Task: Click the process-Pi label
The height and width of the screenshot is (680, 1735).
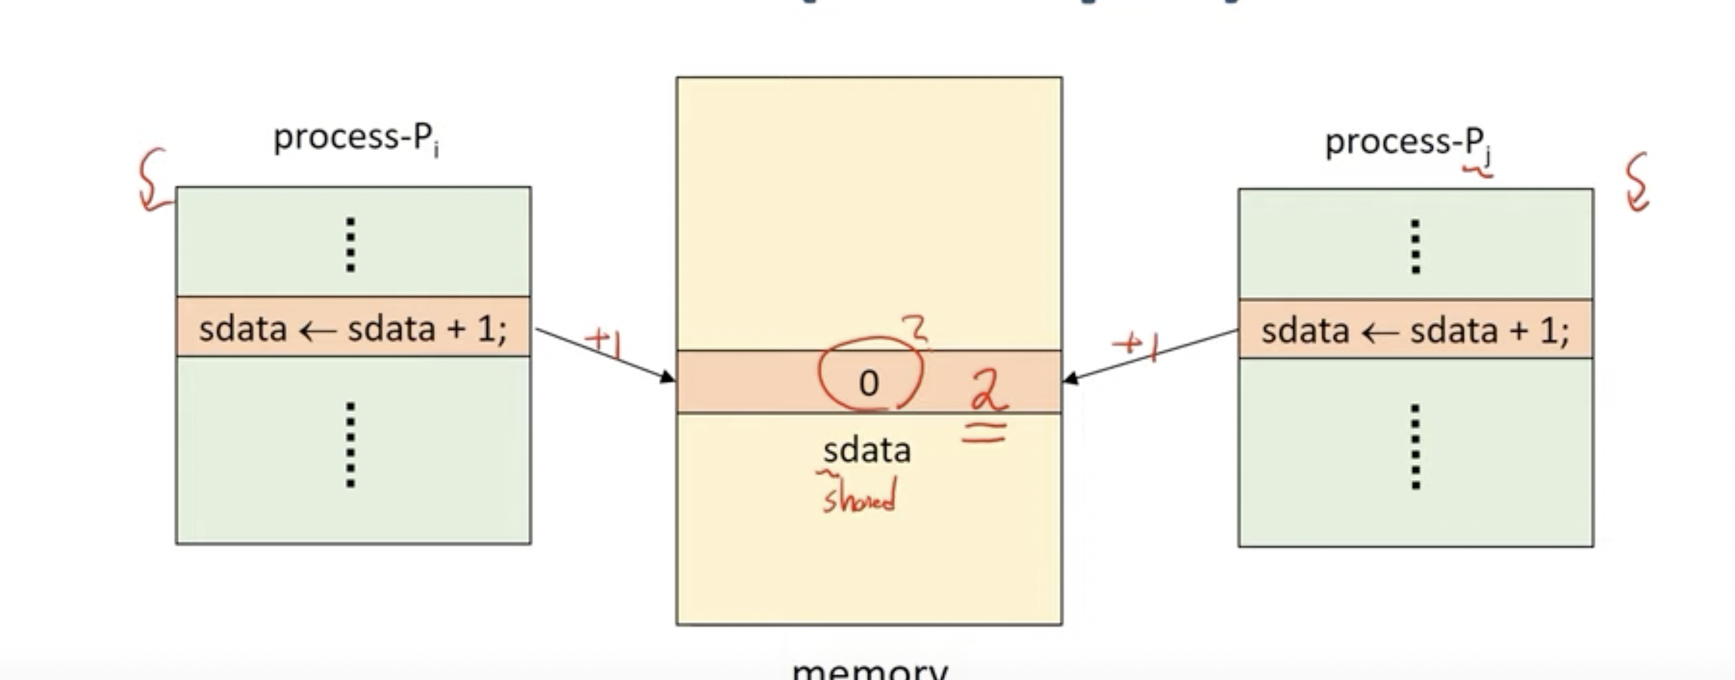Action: (x=355, y=139)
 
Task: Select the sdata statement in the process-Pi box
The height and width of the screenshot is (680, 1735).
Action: (x=353, y=329)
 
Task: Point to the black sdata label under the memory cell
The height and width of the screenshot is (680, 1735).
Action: (x=867, y=450)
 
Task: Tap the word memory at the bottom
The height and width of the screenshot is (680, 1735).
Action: (x=869, y=670)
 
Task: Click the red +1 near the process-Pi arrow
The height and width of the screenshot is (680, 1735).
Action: (x=604, y=341)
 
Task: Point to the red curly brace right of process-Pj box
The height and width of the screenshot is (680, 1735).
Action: (x=1637, y=182)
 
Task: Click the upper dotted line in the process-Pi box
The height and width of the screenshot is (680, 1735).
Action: (x=350, y=244)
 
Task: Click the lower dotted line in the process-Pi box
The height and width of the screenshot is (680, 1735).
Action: (x=350, y=445)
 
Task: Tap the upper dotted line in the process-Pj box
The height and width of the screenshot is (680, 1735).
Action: (x=1415, y=246)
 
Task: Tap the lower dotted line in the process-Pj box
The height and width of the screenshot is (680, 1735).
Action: (x=1415, y=446)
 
